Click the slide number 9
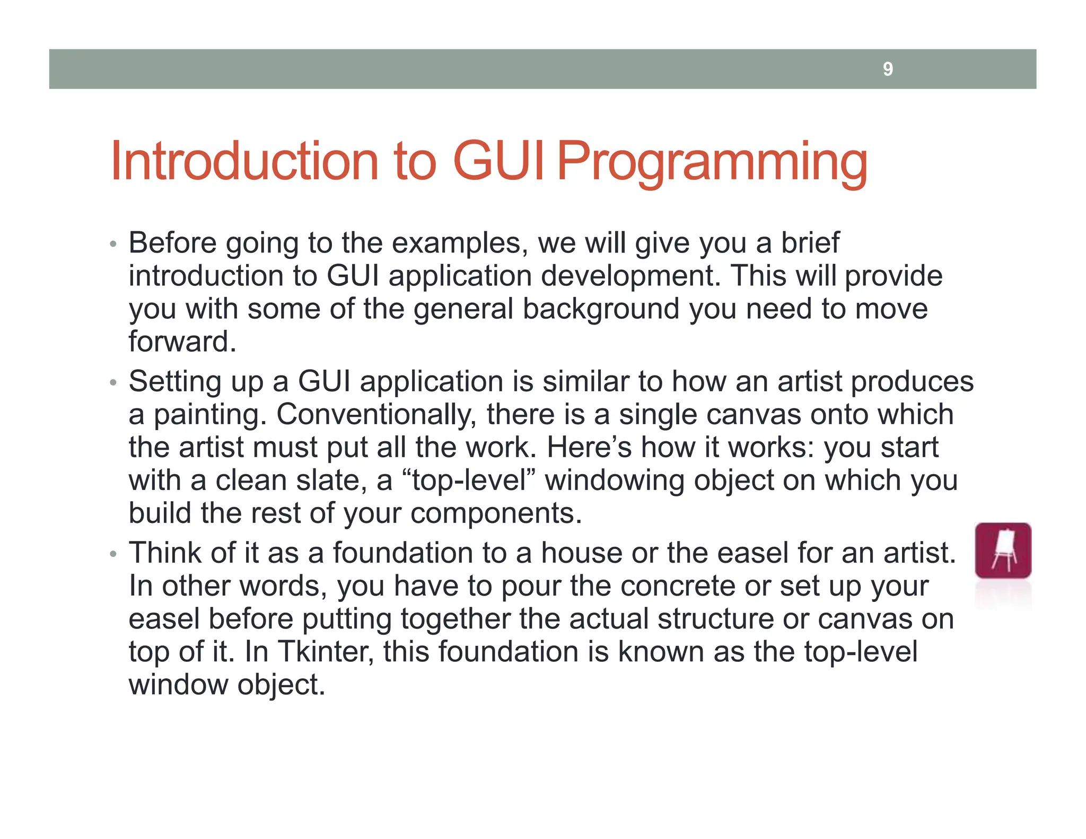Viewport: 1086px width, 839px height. click(x=888, y=69)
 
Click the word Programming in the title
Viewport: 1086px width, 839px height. click(x=712, y=162)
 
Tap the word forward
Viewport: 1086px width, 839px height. click(x=181, y=342)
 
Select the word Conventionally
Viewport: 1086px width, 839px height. click(x=376, y=415)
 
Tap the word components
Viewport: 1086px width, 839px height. click(x=496, y=514)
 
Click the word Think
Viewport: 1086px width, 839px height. click(x=165, y=553)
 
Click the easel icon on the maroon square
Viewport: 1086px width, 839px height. click(x=1003, y=550)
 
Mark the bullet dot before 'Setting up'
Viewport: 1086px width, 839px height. click(x=112, y=382)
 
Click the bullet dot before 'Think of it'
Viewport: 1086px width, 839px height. click(x=112, y=554)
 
